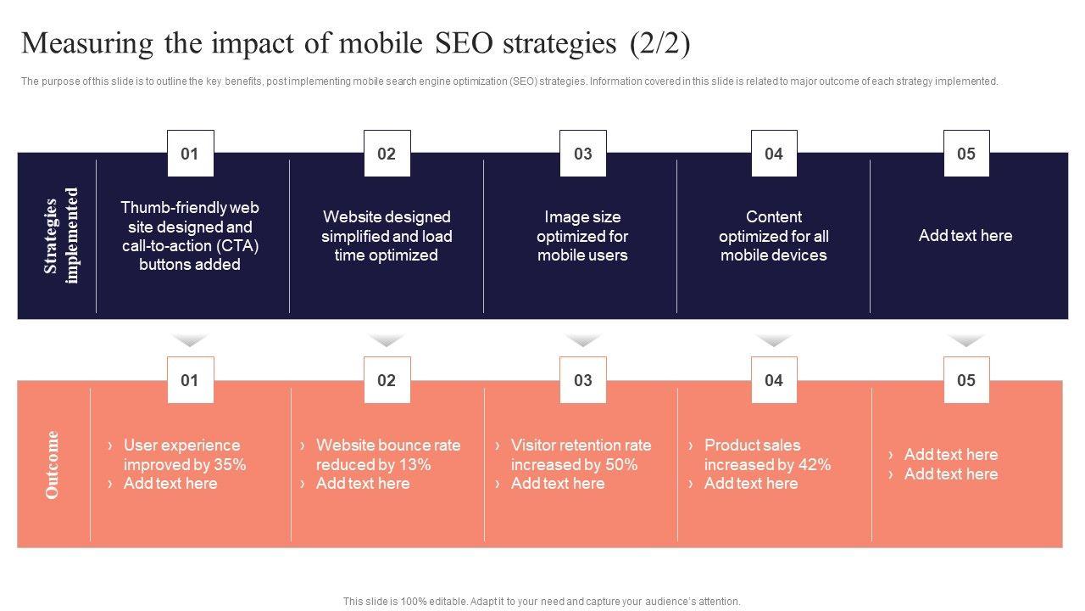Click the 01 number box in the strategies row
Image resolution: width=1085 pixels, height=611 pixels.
[x=190, y=154]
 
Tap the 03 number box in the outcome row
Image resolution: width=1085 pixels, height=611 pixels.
[x=582, y=380]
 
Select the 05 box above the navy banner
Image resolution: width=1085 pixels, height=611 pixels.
[x=966, y=154]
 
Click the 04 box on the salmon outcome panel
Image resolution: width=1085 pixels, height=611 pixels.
[x=774, y=380]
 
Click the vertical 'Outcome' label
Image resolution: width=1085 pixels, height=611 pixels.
[x=53, y=464]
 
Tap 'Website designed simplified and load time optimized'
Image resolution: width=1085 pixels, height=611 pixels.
[x=387, y=236]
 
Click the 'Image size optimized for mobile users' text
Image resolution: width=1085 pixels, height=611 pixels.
[x=582, y=236]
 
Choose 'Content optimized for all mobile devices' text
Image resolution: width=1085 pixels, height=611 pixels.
[x=774, y=236]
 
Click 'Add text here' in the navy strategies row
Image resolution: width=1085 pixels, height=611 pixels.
[x=965, y=236]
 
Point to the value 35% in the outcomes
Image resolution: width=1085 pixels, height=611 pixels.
[x=230, y=465]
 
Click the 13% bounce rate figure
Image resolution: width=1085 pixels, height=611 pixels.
[x=415, y=465]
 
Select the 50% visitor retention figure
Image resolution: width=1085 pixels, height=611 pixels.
[x=621, y=465]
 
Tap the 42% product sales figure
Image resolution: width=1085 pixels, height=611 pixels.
[x=814, y=465]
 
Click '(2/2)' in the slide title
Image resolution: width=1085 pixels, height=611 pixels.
[x=659, y=43]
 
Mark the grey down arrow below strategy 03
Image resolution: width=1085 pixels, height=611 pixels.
[x=582, y=340]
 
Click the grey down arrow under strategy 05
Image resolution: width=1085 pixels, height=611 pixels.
[x=966, y=340]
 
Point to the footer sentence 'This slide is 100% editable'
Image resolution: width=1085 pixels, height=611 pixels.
[x=542, y=601]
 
